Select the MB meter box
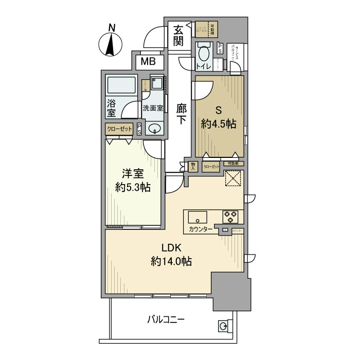click(149, 63)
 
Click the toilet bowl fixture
click(204, 55)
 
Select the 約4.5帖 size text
click(218, 124)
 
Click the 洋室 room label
click(132, 173)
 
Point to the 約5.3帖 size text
click(132, 188)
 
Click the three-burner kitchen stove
click(230, 216)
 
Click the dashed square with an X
click(233, 178)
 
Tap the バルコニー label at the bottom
click(166, 319)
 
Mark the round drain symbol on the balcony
click(224, 325)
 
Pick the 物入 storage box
click(193, 166)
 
